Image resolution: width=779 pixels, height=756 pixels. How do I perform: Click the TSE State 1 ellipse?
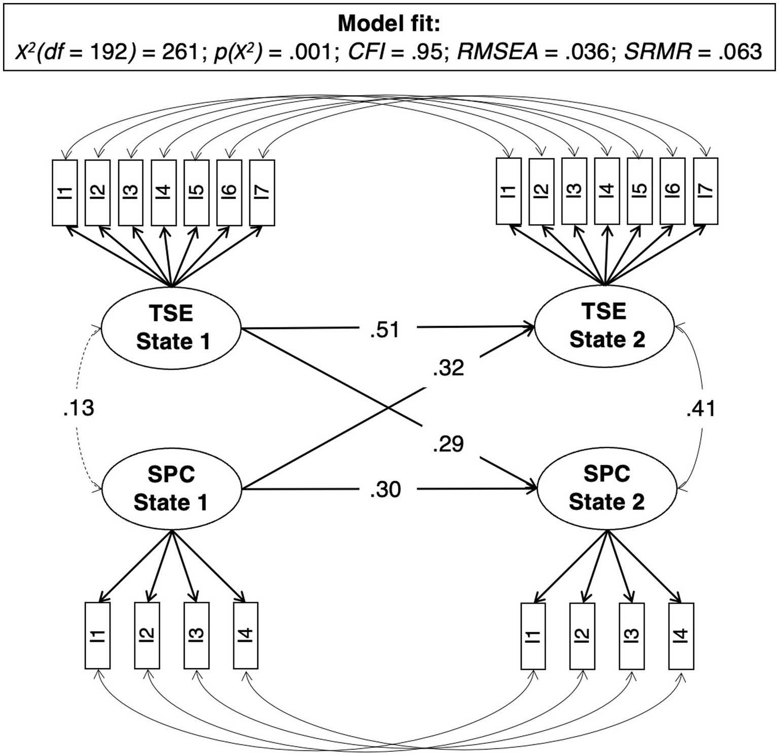click(x=172, y=327)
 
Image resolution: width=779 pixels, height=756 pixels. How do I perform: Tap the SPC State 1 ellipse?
click(x=171, y=488)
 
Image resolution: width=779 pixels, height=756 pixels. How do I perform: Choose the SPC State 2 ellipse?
click(x=606, y=487)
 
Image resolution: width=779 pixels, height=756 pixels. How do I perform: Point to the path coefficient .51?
click(x=385, y=330)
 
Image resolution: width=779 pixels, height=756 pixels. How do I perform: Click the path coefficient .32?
click(x=449, y=368)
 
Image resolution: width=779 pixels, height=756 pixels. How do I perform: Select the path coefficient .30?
click(x=385, y=490)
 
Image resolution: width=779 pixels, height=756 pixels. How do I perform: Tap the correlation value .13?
click(x=79, y=408)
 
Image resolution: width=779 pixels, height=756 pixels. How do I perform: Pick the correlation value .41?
click(x=701, y=408)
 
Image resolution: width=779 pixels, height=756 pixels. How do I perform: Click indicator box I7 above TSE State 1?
click(x=262, y=193)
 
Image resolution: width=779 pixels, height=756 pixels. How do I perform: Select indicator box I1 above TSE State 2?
click(x=509, y=191)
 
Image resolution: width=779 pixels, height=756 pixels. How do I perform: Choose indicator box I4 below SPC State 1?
click(x=246, y=635)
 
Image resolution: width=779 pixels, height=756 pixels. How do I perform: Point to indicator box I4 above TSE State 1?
click(x=163, y=193)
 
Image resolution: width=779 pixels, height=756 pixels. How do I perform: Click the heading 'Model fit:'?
click(x=389, y=23)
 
